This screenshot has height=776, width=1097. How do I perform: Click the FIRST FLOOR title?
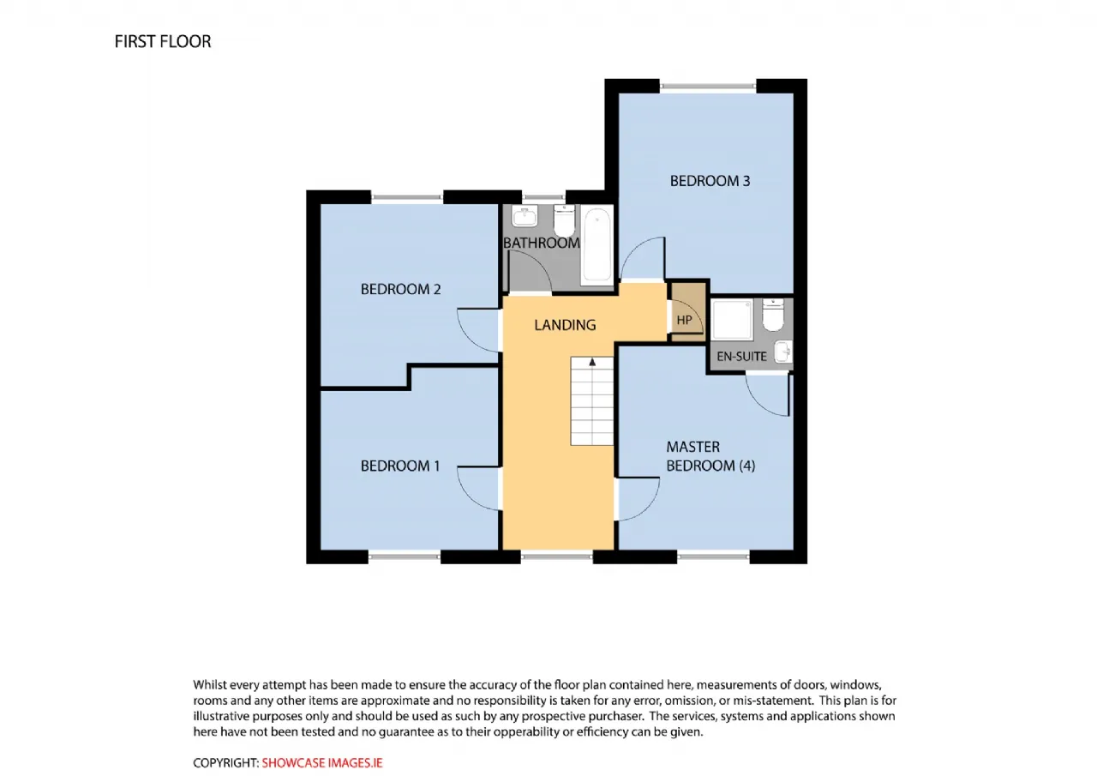(x=163, y=42)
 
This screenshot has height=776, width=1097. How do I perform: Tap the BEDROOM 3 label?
(x=710, y=181)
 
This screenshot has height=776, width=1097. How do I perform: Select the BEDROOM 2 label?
(x=400, y=290)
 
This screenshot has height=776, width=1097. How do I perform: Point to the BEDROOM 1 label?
(x=400, y=466)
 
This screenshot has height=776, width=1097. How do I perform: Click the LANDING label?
(x=565, y=325)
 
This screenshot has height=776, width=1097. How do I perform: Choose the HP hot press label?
(x=684, y=321)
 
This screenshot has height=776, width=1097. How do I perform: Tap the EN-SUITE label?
(x=741, y=357)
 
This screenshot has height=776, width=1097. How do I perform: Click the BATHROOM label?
(x=541, y=243)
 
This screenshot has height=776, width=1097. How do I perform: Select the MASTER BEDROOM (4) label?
(x=710, y=456)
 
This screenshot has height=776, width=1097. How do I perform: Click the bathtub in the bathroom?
(x=596, y=245)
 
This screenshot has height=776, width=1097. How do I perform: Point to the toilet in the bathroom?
(x=564, y=220)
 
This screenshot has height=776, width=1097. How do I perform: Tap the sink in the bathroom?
(x=525, y=215)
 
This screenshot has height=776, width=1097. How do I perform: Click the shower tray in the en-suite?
(x=733, y=320)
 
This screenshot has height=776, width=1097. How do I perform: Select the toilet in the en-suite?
(x=773, y=315)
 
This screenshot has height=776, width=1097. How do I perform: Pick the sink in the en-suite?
(x=783, y=352)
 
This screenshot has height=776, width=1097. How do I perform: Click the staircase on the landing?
(x=591, y=401)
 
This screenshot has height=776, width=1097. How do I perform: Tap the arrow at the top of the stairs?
(x=592, y=362)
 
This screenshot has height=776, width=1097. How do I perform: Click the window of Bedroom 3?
(x=708, y=87)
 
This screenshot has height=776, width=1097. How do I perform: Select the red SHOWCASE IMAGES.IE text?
(x=321, y=763)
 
